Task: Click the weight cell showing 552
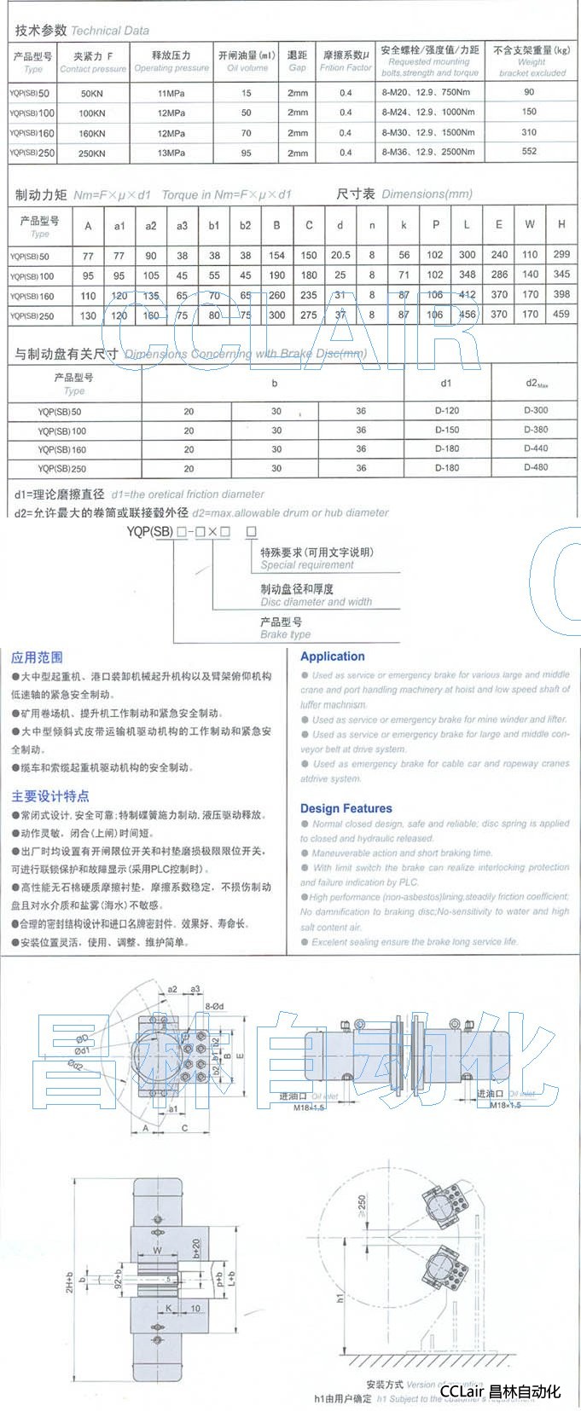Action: click(530, 151)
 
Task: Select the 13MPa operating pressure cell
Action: click(171, 153)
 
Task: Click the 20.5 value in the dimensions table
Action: click(340, 255)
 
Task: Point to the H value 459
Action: click(561, 314)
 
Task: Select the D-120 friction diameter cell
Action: click(446, 411)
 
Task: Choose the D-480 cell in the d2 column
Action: click(536, 467)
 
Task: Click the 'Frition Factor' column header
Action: click(345, 67)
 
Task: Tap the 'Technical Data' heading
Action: click(109, 31)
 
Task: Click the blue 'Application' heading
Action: click(332, 656)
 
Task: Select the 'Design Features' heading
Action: click(346, 808)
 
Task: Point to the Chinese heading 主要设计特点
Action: click(49, 796)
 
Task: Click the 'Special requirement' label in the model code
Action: click(307, 564)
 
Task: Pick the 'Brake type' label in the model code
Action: click(285, 634)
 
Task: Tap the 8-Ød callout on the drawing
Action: click(214, 1006)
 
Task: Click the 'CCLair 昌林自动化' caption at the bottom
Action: click(500, 1391)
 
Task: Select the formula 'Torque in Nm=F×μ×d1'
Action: click(226, 194)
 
